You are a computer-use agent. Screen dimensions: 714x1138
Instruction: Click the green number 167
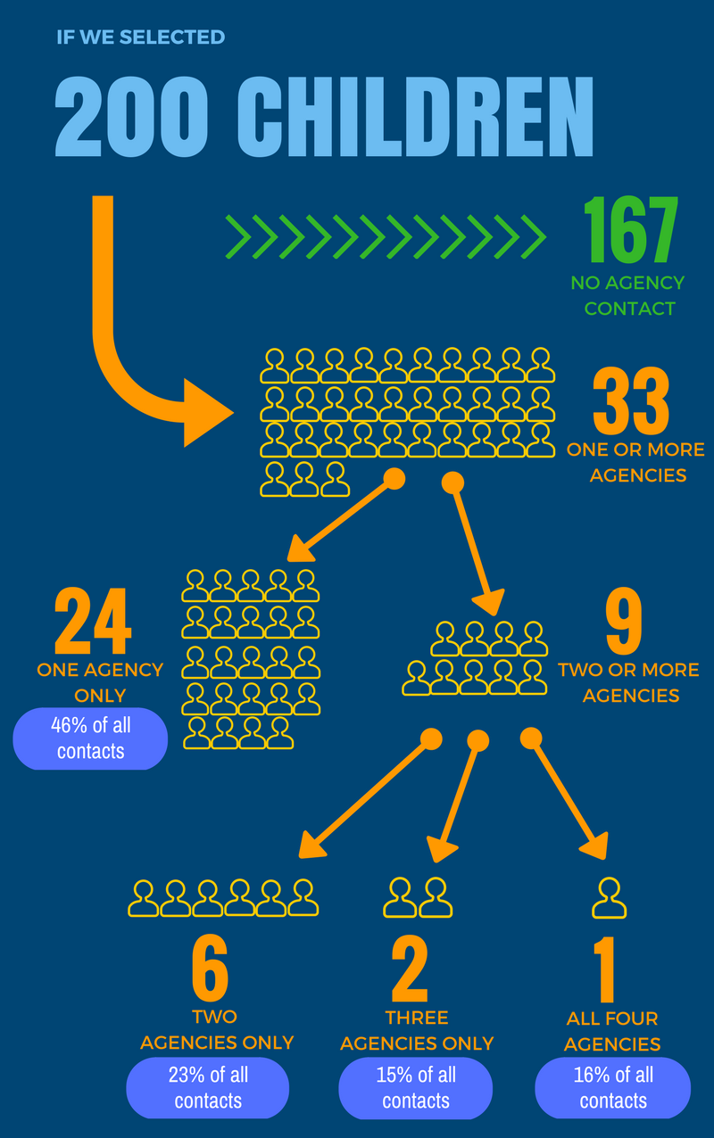pyautogui.click(x=631, y=229)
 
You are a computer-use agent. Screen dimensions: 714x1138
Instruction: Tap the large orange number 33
pyautogui.click(x=631, y=400)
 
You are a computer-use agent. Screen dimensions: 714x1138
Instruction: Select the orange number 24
pyautogui.click(x=93, y=621)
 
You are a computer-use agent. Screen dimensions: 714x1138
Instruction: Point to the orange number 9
pyautogui.click(x=624, y=621)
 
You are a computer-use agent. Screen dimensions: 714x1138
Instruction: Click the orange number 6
pyautogui.click(x=210, y=968)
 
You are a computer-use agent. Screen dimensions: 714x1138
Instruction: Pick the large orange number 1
pyautogui.click(x=605, y=969)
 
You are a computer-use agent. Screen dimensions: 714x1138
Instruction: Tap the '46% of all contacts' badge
pyautogui.click(x=90, y=738)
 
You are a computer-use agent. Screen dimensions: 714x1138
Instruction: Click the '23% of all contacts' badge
pyautogui.click(x=207, y=1088)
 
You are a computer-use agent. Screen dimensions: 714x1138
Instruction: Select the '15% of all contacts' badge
pyautogui.click(x=416, y=1088)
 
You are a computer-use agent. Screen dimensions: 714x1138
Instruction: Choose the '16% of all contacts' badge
pyautogui.click(x=613, y=1088)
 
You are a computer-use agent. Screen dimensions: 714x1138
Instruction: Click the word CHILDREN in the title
pyautogui.click(x=415, y=116)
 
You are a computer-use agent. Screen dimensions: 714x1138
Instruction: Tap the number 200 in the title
pyautogui.click(x=131, y=116)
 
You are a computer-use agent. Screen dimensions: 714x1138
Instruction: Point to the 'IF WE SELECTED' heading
pyautogui.click(x=140, y=37)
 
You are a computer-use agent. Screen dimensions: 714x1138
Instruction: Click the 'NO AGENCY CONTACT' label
pyautogui.click(x=628, y=296)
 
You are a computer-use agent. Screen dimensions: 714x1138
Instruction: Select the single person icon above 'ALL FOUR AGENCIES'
pyautogui.click(x=610, y=898)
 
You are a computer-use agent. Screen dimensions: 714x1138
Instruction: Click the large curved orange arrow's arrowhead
pyautogui.click(x=206, y=413)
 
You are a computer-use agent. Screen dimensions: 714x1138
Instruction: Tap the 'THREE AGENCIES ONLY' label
pyautogui.click(x=417, y=1030)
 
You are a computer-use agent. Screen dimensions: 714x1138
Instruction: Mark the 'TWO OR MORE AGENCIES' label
pyautogui.click(x=629, y=682)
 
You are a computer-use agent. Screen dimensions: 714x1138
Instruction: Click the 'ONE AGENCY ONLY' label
pyautogui.click(x=100, y=682)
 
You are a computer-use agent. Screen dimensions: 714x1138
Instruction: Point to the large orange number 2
pyautogui.click(x=410, y=968)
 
